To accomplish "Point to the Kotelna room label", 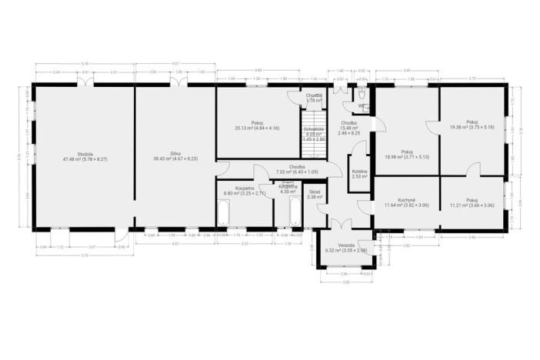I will (359, 173).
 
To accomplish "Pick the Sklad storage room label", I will (315, 194).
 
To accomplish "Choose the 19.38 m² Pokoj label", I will (472, 125).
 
